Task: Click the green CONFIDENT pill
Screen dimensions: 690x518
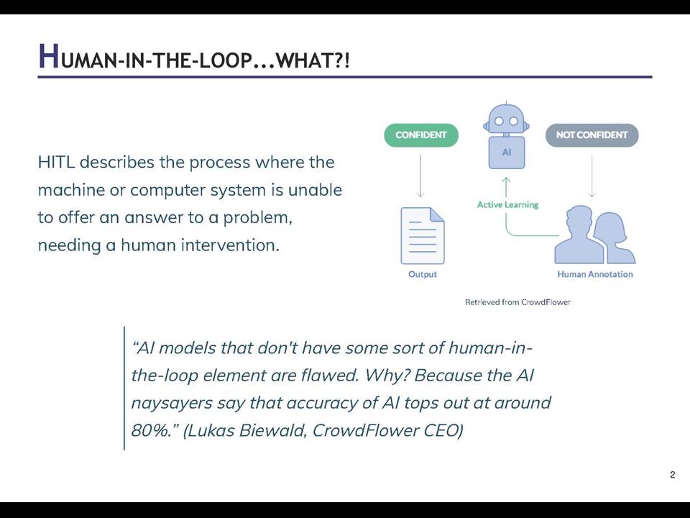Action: [421, 135]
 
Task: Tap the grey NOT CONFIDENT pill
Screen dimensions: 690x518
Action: [592, 135]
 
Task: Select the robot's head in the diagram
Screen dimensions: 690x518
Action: [507, 119]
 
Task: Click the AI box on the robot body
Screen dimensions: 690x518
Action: [507, 153]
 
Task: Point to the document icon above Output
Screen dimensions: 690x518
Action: [423, 236]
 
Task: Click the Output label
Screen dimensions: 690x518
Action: [423, 274]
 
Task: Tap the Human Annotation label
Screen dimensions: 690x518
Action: [595, 274]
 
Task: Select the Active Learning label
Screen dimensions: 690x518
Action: [508, 205]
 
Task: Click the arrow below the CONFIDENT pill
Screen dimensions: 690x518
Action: [420, 176]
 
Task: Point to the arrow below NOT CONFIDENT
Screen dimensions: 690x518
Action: [592, 176]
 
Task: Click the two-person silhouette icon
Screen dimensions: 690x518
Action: [594, 235]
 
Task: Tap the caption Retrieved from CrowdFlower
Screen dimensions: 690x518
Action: [518, 302]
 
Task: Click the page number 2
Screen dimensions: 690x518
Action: [673, 475]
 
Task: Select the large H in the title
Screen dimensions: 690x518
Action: [48, 56]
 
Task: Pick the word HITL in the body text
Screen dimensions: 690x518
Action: [56, 162]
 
